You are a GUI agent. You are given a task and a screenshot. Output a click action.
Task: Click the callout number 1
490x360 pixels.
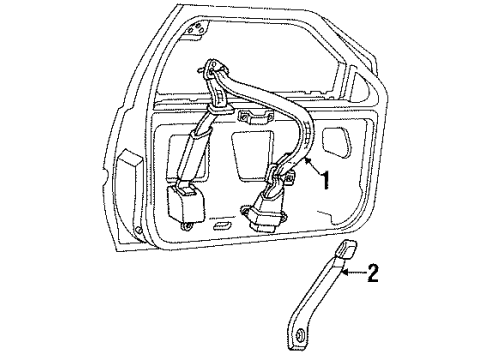pyautogui.click(x=325, y=180)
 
